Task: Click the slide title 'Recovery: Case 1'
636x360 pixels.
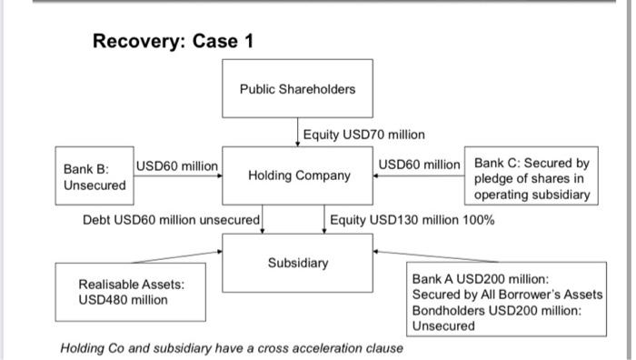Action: pos(174,41)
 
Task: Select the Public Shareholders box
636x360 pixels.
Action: pos(298,89)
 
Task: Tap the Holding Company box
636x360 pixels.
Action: pos(298,175)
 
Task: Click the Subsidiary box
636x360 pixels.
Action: pos(298,264)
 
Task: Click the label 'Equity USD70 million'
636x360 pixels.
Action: pos(363,135)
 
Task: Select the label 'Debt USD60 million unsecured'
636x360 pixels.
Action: pos(172,219)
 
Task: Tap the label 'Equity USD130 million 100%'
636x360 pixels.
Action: pos(412,219)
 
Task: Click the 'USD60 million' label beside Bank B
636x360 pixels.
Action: pos(177,165)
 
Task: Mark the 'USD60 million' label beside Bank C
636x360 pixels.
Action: pos(420,165)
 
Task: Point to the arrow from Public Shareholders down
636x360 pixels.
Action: pos(299,133)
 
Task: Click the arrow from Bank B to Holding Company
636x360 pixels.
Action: pos(178,175)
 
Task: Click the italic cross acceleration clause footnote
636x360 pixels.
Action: pos(232,347)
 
